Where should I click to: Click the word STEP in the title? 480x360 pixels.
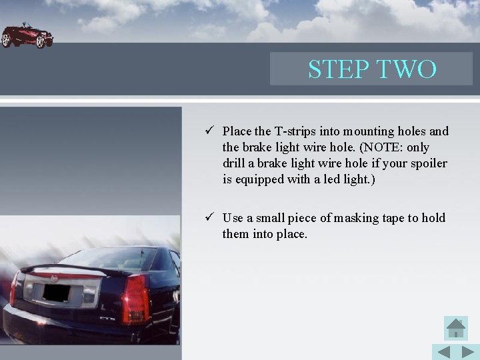(x=338, y=69)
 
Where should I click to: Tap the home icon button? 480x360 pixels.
(x=455, y=328)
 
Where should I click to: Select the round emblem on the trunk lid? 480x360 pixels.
(x=55, y=275)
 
